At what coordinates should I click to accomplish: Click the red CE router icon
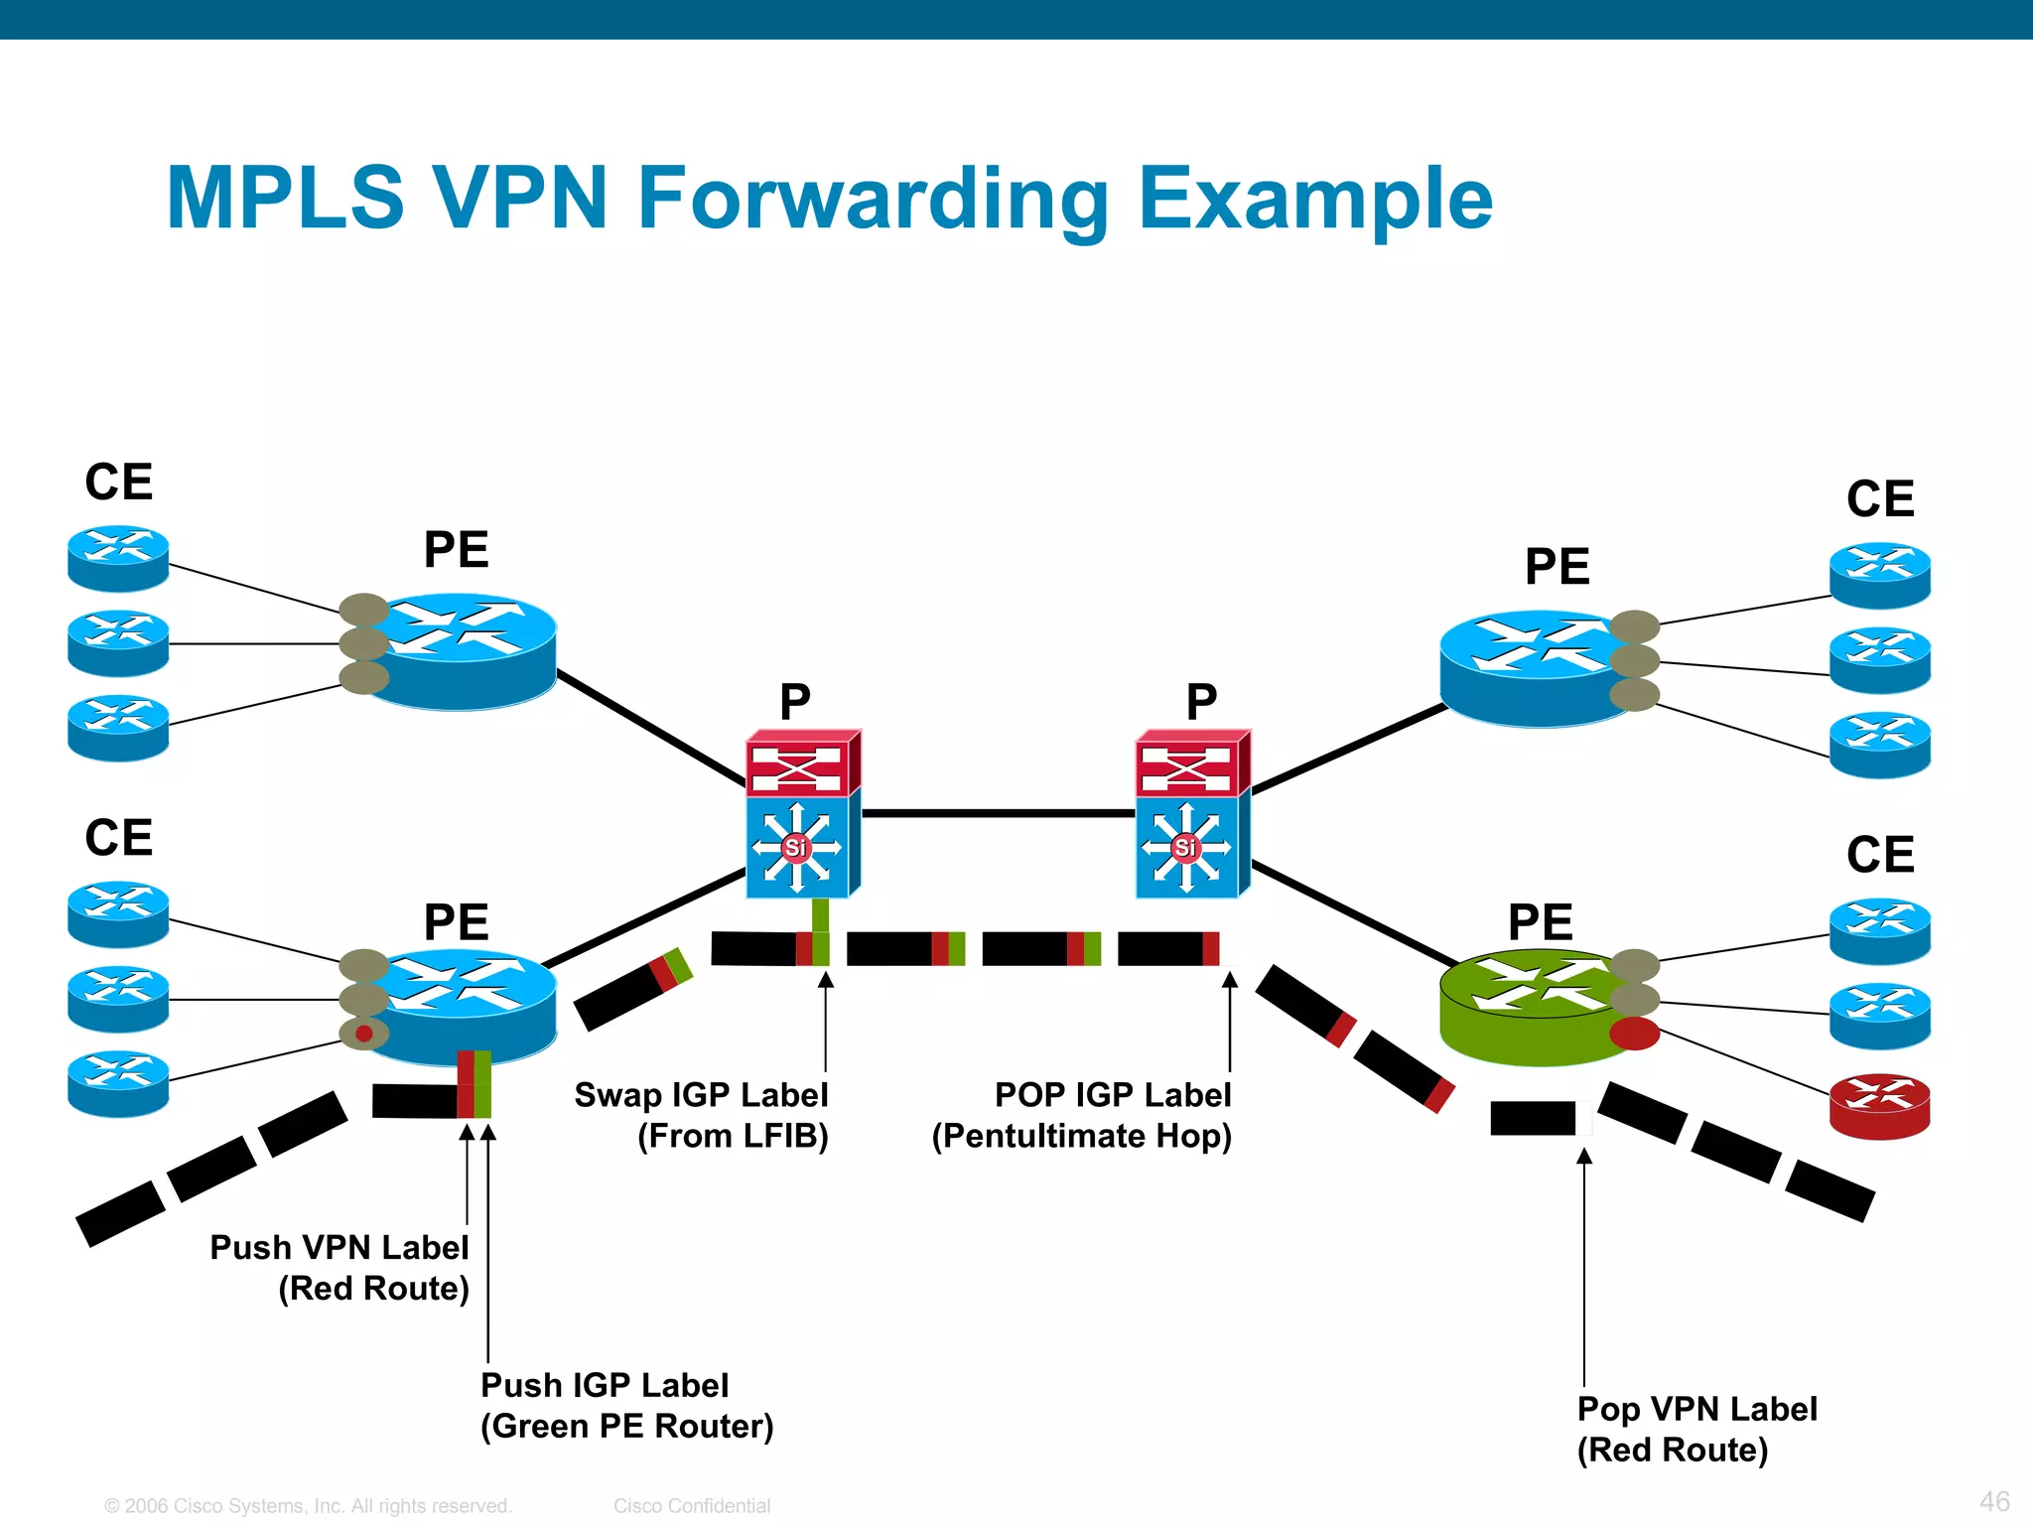pyautogui.click(x=1879, y=1106)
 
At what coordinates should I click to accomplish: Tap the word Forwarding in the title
pyautogui.click(x=874, y=199)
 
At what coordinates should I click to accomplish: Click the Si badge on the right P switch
pyautogui.click(x=1185, y=847)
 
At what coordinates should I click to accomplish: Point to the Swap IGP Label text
pyautogui.click(x=701, y=1095)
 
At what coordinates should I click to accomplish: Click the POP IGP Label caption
pyautogui.click(x=1112, y=1095)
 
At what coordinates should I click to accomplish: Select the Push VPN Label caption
pyautogui.click(x=339, y=1248)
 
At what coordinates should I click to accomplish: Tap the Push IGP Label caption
pyautogui.click(x=605, y=1386)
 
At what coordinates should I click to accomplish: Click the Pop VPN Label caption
pyautogui.click(x=1696, y=1410)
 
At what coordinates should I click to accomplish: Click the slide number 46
pyautogui.click(x=1994, y=1501)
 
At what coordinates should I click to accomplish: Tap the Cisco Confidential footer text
pyautogui.click(x=692, y=1506)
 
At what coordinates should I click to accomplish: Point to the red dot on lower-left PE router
pyautogui.click(x=364, y=1034)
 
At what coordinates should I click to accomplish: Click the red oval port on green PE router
pyautogui.click(x=1634, y=1033)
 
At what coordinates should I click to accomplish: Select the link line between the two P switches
pyautogui.click(x=998, y=813)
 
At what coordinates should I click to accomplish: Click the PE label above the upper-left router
pyautogui.click(x=456, y=549)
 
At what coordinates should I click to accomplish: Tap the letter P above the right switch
pyautogui.click(x=1201, y=702)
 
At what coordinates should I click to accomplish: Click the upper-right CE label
pyautogui.click(x=1879, y=498)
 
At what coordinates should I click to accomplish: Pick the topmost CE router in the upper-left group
pyautogui.click(x=118, y=558)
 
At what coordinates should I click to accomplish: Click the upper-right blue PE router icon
pyautogui.click(x=1529, y=667)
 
